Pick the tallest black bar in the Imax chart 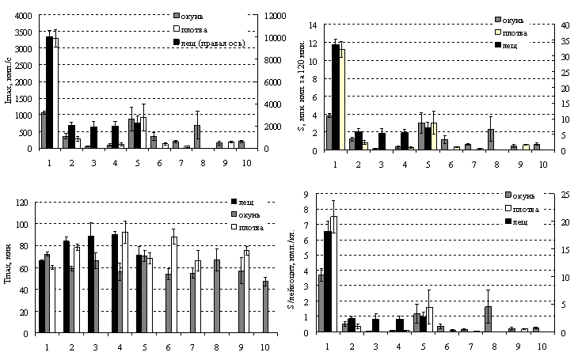coord(49,92)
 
